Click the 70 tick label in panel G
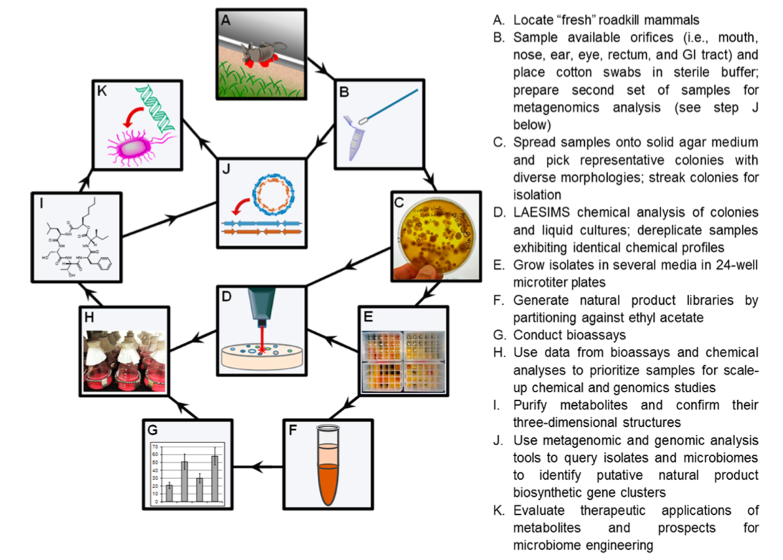[x=154, y=447]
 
